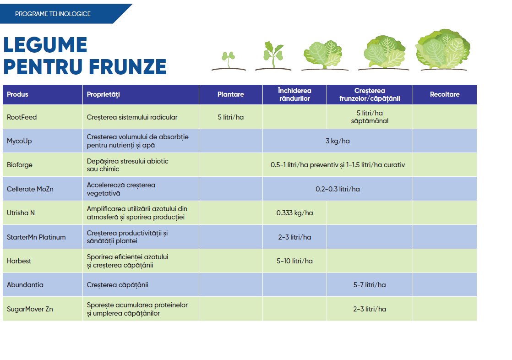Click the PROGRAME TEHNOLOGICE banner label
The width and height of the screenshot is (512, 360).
click(x=53, y=14)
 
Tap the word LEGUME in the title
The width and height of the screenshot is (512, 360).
click(x=45, y=45)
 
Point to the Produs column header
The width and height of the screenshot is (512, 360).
click(x=17, y=94)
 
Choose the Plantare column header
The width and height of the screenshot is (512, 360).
click(x=230, y=94)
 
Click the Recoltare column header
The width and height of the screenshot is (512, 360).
click(x=444, y=94)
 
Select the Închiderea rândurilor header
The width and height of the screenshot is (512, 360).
click(x=294, y=95)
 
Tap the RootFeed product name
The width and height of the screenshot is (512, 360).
click(x=22, y=117)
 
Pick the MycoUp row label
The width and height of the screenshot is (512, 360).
click(x=19, y=141)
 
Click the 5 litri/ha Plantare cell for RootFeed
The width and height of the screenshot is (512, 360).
click(x=230, y=117)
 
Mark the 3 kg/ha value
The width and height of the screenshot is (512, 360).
click(x=338, y=141)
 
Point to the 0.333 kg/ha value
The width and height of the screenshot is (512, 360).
click(x=294, y=213)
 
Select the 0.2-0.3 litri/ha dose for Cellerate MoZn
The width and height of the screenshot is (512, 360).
click(x=338, y=189)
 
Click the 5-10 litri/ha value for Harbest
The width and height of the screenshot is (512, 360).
click(x=294, y=261)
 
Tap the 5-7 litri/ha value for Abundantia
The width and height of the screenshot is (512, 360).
click(x=369, y=285)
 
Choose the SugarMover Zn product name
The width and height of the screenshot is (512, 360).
click(x=30, y=309)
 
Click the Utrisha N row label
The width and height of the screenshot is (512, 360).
click(x=21, y=213)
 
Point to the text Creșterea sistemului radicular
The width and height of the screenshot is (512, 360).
click(x=132, y=117)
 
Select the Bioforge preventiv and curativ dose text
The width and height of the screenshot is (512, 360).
click(x=338, y=165)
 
